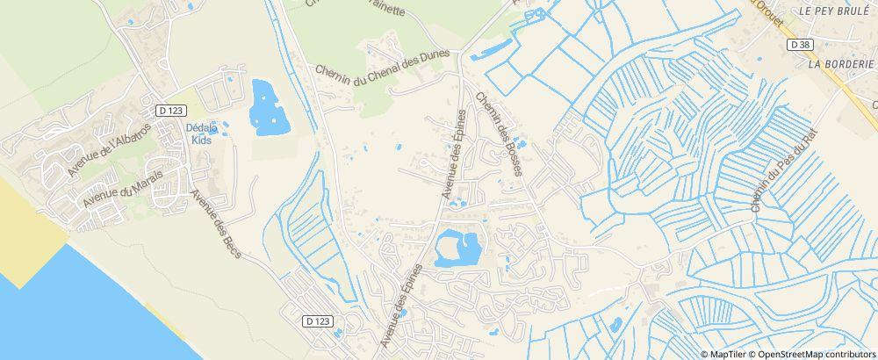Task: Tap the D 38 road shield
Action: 799,44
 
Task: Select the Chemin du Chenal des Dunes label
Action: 384,67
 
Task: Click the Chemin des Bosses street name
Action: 499,133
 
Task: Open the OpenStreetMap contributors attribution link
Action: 816,354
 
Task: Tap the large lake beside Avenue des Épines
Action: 457,247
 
